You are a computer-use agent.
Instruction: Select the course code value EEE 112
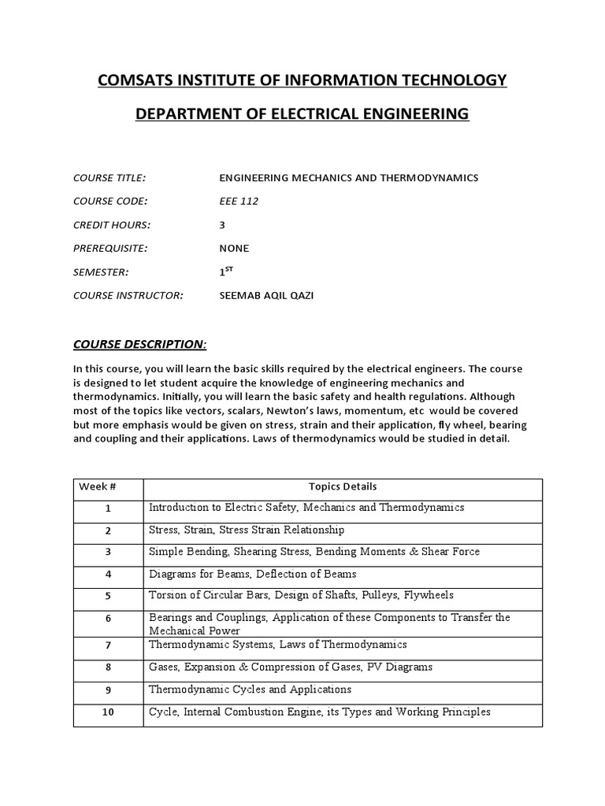[x=238, y=201]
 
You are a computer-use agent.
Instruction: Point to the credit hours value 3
[x=222, y=225]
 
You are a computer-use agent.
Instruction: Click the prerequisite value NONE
[x=234, y=248]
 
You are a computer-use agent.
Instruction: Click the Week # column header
[x=98, y=486]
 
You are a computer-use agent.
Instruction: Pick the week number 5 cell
[x=108, y=597]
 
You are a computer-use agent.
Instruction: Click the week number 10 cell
[x=108, y=713]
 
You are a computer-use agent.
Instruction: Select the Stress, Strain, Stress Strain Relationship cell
[x=247, y=530]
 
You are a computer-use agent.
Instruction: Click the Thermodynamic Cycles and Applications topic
[x=250, y=690]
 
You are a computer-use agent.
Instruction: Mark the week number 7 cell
[x=108, y=645]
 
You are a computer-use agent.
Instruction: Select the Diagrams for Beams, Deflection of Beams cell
[x=252, y=574]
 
